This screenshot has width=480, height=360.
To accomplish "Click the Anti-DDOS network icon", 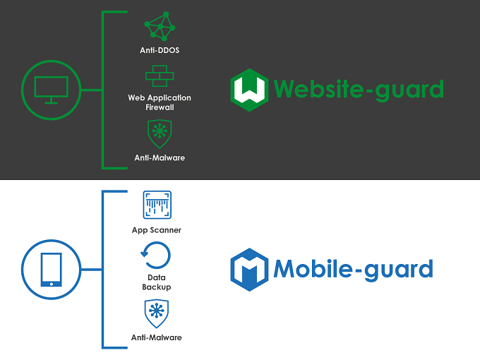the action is (160, 26).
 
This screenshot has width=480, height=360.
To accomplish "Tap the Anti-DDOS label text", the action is (160, 50).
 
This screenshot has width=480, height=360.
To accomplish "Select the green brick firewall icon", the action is (160, 76).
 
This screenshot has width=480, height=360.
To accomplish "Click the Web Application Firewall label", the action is (160, 102).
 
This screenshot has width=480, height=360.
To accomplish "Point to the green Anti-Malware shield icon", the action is (160, 134).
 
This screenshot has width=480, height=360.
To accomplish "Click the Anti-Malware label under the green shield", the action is (160, 157).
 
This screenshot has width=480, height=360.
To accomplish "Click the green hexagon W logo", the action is (249, 90).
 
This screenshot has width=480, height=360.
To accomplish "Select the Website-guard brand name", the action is (359, 89).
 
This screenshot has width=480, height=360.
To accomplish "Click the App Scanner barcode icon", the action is (157, 205).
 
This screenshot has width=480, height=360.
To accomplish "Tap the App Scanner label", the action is (157, 230).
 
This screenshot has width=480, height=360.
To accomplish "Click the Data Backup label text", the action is (157, 282).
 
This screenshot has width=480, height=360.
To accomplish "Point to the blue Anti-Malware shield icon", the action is (157, 313).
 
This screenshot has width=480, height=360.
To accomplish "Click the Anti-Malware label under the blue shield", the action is (157, 337).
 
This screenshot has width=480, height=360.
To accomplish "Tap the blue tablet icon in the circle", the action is (52, 270).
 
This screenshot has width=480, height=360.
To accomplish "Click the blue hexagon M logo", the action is (249, 270).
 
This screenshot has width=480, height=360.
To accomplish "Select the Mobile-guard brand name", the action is (353, 270).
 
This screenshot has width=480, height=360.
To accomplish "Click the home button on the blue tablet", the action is (52, 284).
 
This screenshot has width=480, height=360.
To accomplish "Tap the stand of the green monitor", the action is (51, 101).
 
